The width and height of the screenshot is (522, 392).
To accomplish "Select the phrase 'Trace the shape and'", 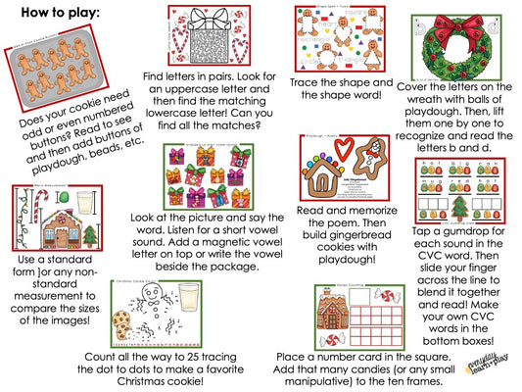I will coord(339,85).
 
